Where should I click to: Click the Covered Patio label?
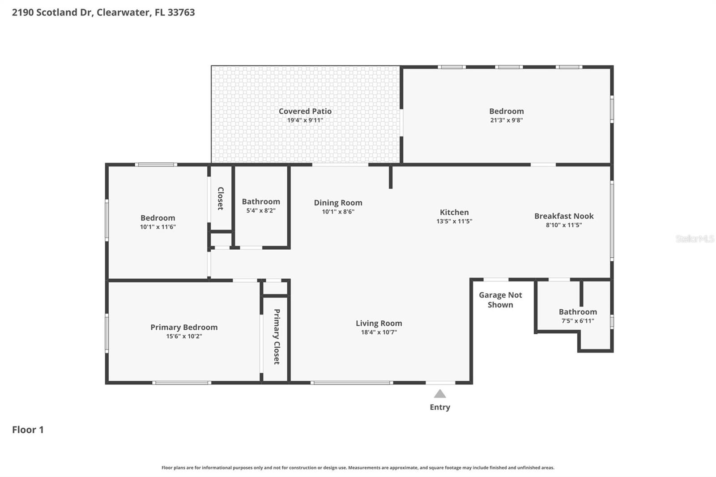305,111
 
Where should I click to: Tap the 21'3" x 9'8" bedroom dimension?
506,120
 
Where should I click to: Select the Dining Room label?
338,203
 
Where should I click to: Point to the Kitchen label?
454,212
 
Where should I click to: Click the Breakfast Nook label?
564,216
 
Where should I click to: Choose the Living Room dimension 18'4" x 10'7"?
379,332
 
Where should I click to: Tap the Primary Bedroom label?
184,327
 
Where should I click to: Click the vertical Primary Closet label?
277,336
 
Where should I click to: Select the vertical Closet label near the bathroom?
220,198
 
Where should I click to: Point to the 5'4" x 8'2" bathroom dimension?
261,211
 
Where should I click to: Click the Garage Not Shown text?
500,300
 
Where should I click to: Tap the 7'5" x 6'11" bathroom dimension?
578,321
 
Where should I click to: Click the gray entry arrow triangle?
440,394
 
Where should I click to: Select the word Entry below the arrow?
440,407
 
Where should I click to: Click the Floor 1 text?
28,430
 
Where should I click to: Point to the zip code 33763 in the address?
181,13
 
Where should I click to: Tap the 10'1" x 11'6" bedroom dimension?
158,227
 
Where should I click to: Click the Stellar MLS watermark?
695,238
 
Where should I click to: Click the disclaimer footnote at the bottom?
358,468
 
